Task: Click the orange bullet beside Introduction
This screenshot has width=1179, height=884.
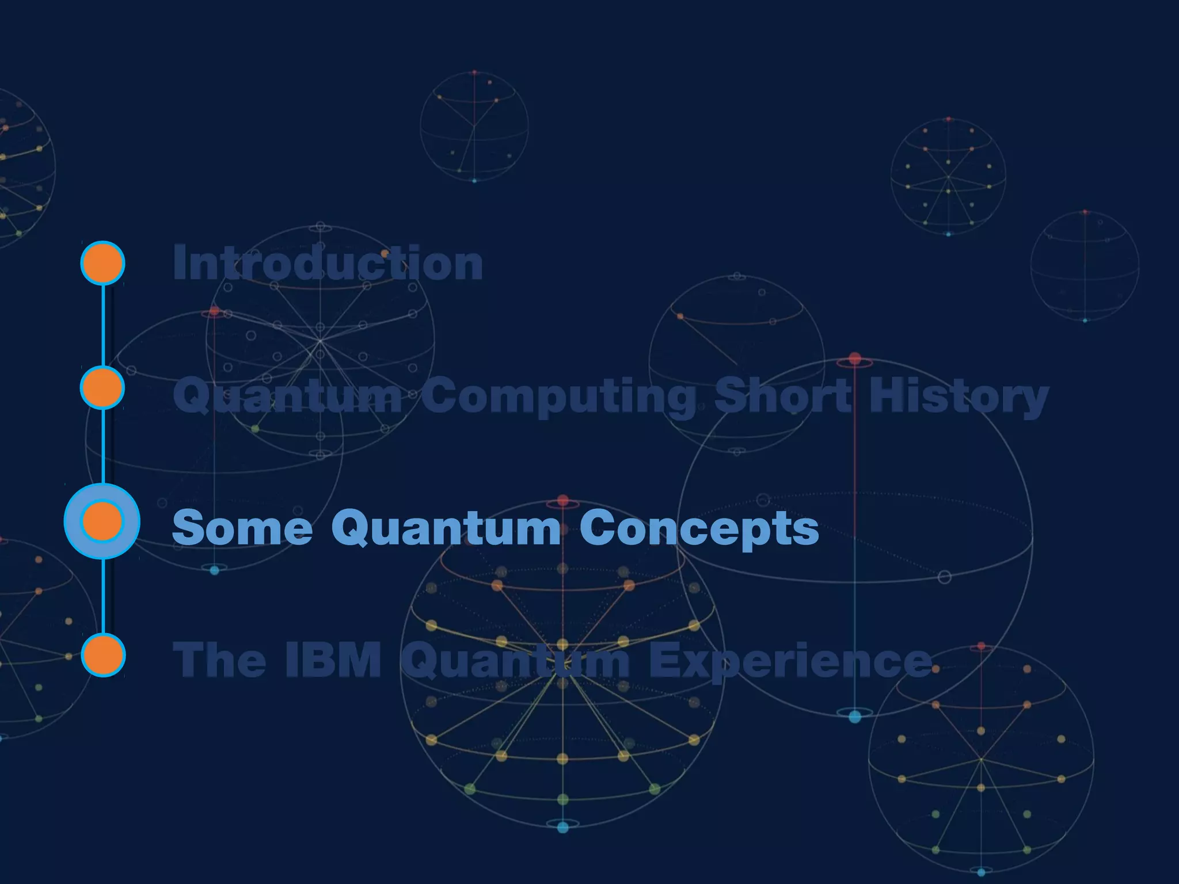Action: (x=102, y=263)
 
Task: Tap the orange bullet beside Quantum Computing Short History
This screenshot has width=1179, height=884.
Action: (x=102, y=388)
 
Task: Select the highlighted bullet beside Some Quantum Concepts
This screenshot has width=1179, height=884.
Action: (x=102, y=521)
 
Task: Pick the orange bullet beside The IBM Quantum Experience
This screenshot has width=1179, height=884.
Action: (x=103, y=655)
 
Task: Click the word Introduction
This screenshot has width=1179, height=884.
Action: (x=328, y=263)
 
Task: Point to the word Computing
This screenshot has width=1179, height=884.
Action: (x=558, y=396)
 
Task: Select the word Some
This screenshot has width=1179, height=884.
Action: (x=242, y=528)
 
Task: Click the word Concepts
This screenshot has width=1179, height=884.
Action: (x=699, y=529)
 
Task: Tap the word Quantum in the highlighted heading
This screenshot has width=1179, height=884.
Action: (x=446, y=528)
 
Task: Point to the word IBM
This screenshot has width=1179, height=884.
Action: (x=333, y=660)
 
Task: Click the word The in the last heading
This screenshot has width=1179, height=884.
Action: (x=219, y=660)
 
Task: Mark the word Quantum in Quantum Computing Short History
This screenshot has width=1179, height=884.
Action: (x=287, y=396)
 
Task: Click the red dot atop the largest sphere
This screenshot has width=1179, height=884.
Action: (x=855, y=359)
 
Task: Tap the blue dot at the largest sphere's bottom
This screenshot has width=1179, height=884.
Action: (x=855, y=717)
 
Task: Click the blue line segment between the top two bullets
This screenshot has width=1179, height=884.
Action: (x=103, y=325)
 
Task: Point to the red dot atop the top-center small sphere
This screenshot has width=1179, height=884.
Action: (x=474, y=73)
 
